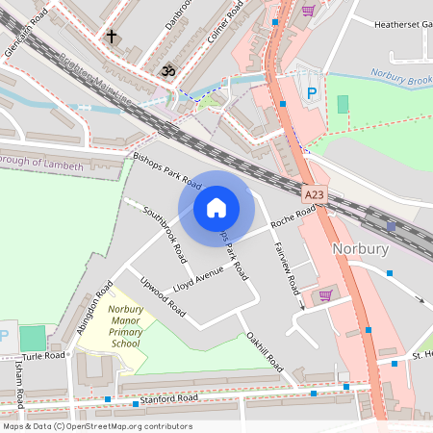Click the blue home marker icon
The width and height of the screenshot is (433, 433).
(216, 207)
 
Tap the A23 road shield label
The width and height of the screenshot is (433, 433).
(315, 194)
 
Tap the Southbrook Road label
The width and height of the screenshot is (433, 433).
(165, 234)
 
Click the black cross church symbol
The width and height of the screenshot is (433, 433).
(112, 38)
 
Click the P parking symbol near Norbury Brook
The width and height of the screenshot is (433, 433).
(311, 93)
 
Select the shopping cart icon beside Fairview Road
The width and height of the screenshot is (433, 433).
(325, 295)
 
